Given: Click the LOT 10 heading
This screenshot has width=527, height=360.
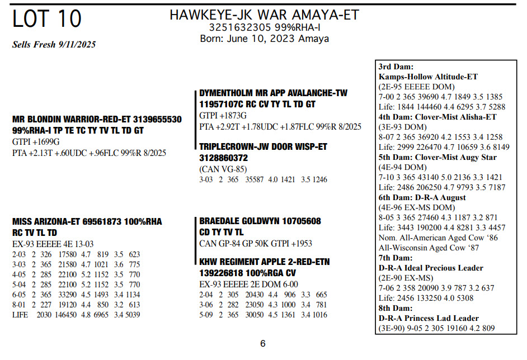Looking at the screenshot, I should point(47,20).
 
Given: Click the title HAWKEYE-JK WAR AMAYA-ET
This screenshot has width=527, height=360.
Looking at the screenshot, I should point(264,15).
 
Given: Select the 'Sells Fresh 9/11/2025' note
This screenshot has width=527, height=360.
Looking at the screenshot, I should point(54,45).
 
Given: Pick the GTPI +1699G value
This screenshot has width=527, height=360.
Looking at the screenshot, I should point(36,142).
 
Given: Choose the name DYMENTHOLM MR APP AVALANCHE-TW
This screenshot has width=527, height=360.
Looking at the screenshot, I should point(274,93).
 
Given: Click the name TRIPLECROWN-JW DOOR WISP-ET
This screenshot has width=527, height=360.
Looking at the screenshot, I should point(263,146).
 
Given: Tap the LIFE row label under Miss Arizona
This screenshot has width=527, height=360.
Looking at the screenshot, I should point(20,315).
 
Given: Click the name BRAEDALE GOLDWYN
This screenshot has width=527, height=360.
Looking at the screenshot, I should point(241,221).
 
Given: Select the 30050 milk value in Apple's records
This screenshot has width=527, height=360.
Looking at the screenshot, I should point(257,315).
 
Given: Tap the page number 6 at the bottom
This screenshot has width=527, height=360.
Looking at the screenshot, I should point(263,343).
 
